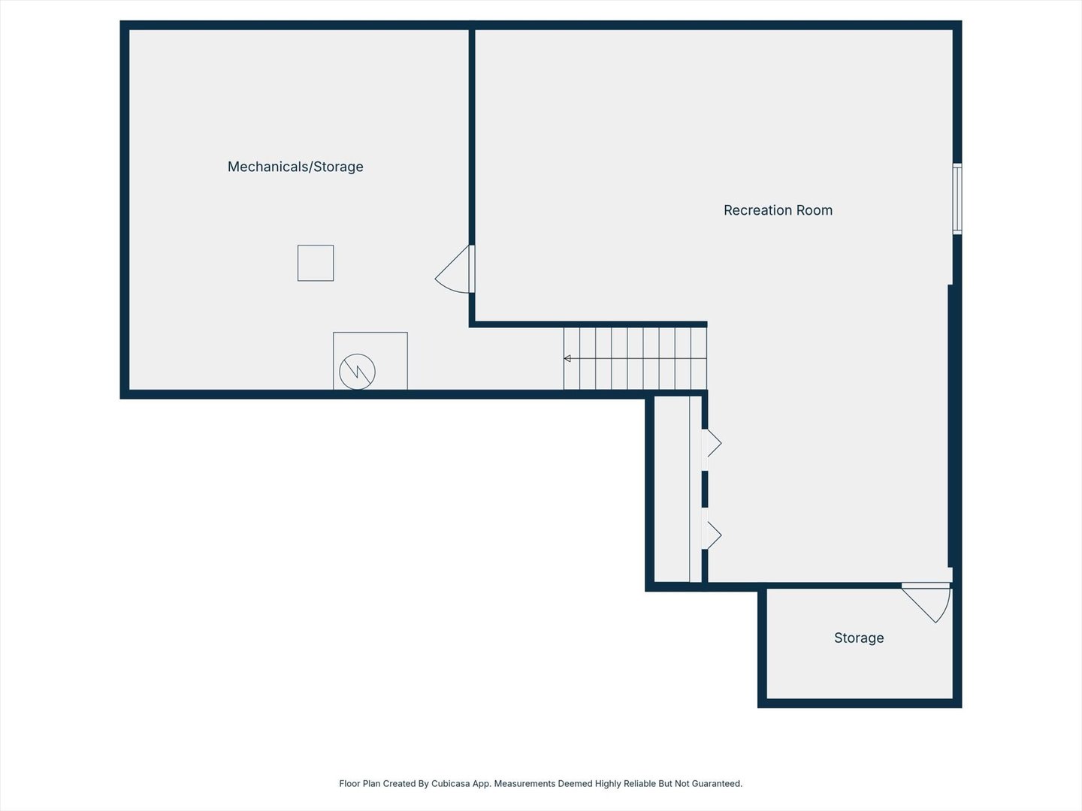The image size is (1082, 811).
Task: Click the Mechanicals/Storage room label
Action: coord(295,167)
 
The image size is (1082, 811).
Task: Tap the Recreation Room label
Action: coord(778,210)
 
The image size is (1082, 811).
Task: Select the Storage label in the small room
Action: coord(859,638)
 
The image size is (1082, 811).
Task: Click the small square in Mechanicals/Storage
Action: coord(316,263)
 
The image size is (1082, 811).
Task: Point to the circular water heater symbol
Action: coord(358,372)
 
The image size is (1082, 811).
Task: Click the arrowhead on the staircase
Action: coord(567,358)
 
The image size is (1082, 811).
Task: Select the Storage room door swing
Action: coord(926,603)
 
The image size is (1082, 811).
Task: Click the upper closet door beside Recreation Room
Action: coord(712,443)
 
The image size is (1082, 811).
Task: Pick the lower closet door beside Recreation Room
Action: coord(712,535)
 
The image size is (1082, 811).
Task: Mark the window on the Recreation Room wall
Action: coord(957,199)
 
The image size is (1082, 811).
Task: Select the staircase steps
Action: coord(636,358)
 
